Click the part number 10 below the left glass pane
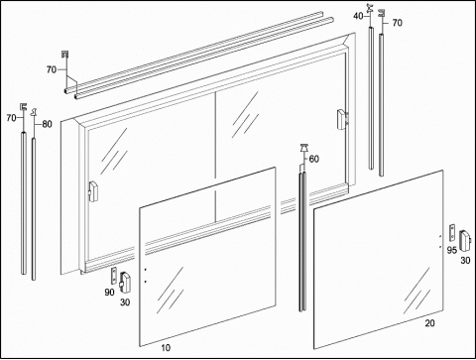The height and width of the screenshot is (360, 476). coord(166,348)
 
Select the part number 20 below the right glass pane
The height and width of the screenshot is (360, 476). coord(429,323)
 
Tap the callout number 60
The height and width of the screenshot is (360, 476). coord(314,159)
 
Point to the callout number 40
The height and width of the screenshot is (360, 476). coord(358,16)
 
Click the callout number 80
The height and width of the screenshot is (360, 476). coord(47,124)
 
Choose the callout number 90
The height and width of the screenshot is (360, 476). coord(109,293)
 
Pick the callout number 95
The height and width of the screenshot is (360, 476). coord(452,250)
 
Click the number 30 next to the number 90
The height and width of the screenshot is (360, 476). coord(125,302)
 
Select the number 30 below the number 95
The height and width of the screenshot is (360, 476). coord(465,261)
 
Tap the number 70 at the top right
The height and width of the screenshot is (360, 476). coord(398,23)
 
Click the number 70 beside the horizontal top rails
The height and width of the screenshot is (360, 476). coord(52,69)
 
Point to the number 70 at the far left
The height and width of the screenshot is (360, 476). coord(11,118)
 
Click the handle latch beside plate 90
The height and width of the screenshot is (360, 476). coord(124,283)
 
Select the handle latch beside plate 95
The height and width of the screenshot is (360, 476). coord(466,239)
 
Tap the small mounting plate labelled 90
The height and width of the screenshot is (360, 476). coord(114,276)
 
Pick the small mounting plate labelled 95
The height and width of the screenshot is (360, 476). coord(452,233)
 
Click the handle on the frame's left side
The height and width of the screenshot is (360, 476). coord(93,191)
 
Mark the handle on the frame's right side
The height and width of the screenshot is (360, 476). coord(342,119)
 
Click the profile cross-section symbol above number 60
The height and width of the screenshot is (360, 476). coord(303,148)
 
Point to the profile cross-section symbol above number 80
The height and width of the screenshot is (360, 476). coord(34,112)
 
